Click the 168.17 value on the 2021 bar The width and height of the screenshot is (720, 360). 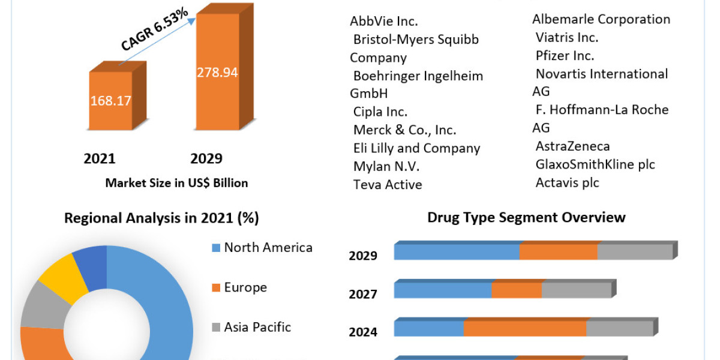(111, 100)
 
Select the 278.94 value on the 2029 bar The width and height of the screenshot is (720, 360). (217, 73)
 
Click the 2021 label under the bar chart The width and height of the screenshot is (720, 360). (100, 158)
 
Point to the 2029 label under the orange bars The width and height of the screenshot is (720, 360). (206, 158)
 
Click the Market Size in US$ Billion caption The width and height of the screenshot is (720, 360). (176, 183)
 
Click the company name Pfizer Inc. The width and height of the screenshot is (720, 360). (565, 56)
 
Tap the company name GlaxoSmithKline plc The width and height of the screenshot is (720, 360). (595, 164)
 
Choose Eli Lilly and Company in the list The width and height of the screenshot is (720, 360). (416, 148)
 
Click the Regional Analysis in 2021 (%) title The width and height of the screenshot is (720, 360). (161, 218)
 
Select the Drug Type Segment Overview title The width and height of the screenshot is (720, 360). (526, 217)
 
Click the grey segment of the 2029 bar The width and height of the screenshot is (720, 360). (634, 252)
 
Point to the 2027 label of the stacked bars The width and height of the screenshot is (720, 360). (363, 294)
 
